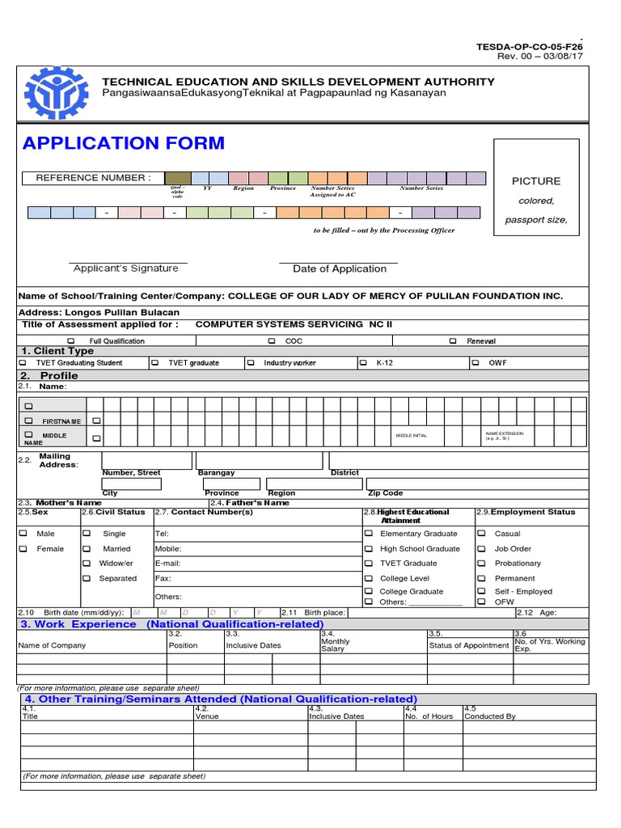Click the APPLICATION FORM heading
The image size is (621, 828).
(x=124, y=144)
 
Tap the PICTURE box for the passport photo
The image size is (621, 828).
(x=536, y=187)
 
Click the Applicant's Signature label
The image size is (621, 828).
(x=125, y=268)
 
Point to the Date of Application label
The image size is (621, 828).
(x=339, y=268)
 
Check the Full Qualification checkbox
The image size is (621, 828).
(x=70, y=341)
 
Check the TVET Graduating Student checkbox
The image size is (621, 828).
(x=23, y=363)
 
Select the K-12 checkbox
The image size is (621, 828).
(x=363, y=363)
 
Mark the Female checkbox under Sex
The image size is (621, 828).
(x=23, y=549)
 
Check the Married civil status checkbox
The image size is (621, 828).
(x=87, y=549)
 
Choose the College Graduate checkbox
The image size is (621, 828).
(x=369, y=592)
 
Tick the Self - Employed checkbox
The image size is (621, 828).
(x=481, y=592)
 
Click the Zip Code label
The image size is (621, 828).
(x=385, y=492)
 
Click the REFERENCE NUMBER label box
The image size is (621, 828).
(x=92, y=178)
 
